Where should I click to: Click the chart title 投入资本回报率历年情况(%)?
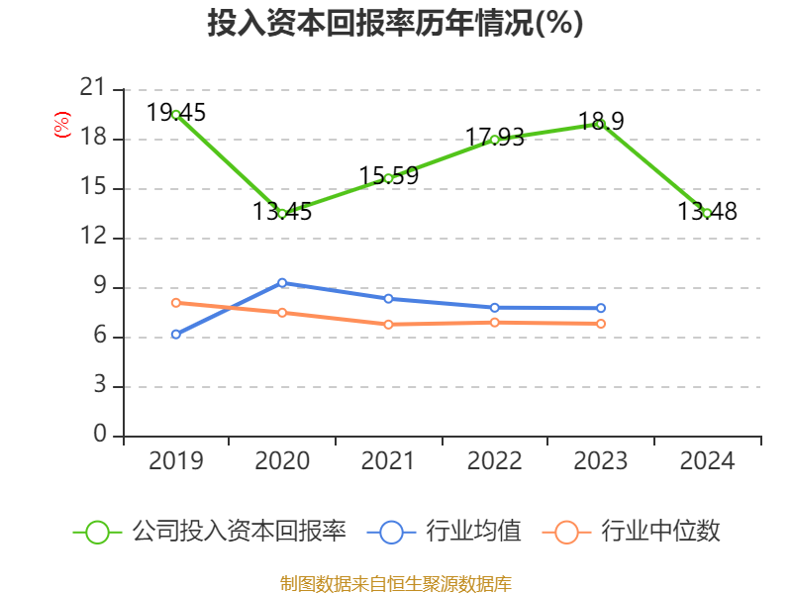click(395, 24)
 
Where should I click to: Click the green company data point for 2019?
click(175, 114)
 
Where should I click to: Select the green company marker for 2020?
click(282, 213)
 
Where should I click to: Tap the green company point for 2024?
click(707, 213)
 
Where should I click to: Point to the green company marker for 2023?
click(600, 124)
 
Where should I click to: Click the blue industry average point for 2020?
click(282, 282)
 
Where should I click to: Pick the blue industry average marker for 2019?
click(175, 335)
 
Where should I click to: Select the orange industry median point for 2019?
click(175, 302)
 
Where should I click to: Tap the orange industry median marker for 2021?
click(388, 324)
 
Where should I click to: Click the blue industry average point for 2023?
click(600, 308)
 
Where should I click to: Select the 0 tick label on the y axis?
click(99, 436)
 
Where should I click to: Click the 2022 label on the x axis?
click(494, 461)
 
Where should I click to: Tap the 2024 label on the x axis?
click(707, 461)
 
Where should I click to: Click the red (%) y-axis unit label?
click(61, 126)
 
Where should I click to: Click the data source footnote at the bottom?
click(395, 583)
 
